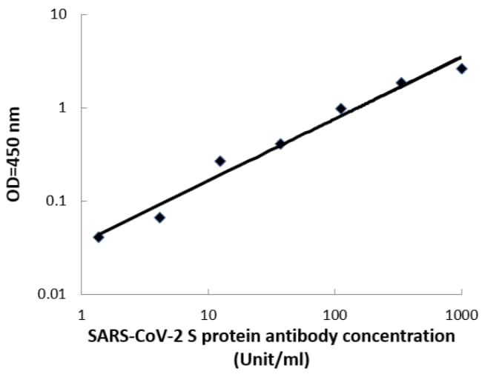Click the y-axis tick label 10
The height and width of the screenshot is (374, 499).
59,15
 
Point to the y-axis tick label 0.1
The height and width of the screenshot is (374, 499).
56,201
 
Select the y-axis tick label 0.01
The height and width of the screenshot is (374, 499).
53,295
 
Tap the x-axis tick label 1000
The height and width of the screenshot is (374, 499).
461,314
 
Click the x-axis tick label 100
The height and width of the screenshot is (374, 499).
335,314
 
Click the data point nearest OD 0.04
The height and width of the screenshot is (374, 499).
99,237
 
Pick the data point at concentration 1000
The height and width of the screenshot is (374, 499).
461,69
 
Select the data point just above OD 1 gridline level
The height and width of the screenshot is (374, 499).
341,109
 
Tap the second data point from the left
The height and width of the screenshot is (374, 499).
159,218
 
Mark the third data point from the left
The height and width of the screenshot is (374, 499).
219,161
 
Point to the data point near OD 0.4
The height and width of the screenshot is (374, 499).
280,144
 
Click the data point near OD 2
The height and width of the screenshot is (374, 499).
401,83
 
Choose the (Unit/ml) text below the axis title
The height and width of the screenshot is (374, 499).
271,359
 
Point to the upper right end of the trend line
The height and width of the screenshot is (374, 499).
460,57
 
